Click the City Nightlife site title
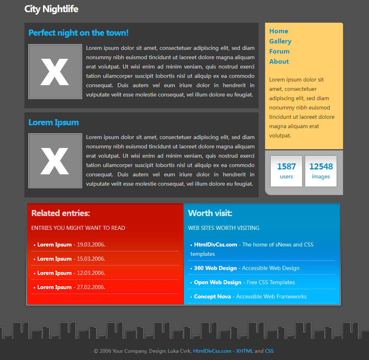[51, 9]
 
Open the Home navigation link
[278, 31]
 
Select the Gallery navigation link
[280, 41]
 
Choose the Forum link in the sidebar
[279, 51]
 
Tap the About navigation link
[279, 62]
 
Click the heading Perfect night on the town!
[78, 33]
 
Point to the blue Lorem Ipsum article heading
[54, 122]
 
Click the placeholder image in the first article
[55, 72]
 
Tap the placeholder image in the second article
[55, 161]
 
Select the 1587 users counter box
[286, 171]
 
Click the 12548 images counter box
[321, 171]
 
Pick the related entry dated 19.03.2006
[54, 244]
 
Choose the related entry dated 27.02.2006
[54, 287]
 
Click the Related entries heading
[60, 213]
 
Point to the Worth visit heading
[210, 213]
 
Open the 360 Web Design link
[215, 268]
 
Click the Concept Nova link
[212, 296]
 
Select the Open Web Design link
[218, 282]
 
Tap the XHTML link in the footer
[244, 351]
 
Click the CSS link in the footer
[269, 351]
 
